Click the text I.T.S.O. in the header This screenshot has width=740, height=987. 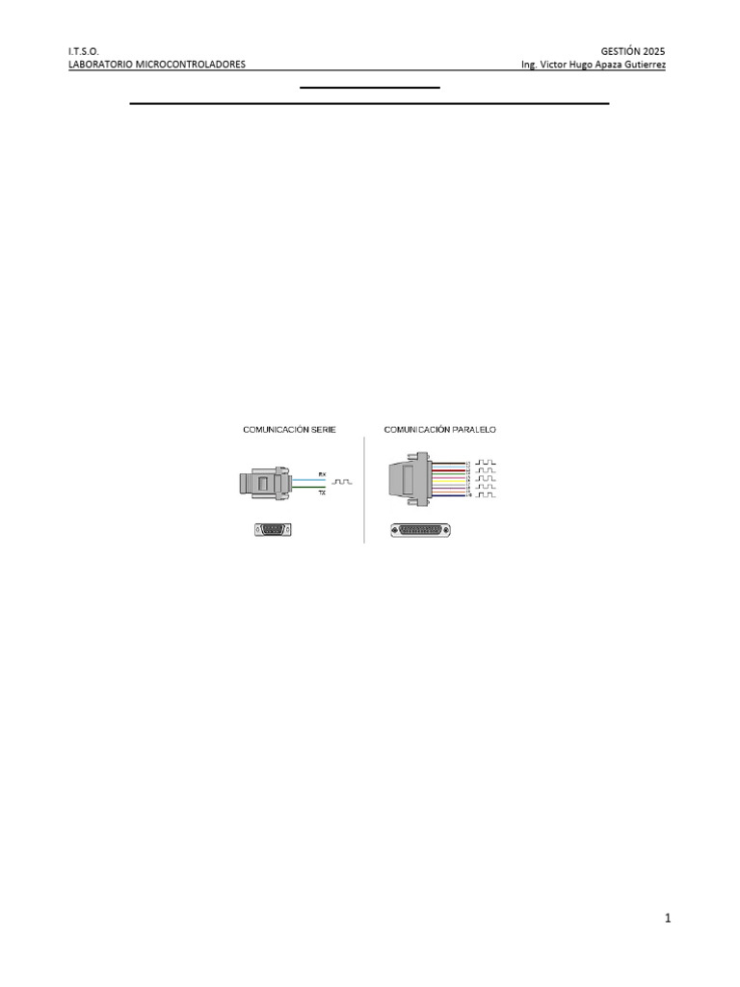coord(83,51)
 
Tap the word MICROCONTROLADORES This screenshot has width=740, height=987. coord(193,65)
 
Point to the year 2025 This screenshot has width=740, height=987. coord(652,51)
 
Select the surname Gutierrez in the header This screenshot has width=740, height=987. coord(644,65)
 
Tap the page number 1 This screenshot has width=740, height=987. coord(668,919)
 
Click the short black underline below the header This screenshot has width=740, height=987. coord(369,88)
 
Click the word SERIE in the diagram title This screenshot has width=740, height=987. coord(322,429)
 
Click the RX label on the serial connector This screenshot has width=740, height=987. coord(322,474)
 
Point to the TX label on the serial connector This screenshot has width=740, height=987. coord(322,492)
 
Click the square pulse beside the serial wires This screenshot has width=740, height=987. coord(343,481)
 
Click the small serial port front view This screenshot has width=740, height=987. coord(274,528)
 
